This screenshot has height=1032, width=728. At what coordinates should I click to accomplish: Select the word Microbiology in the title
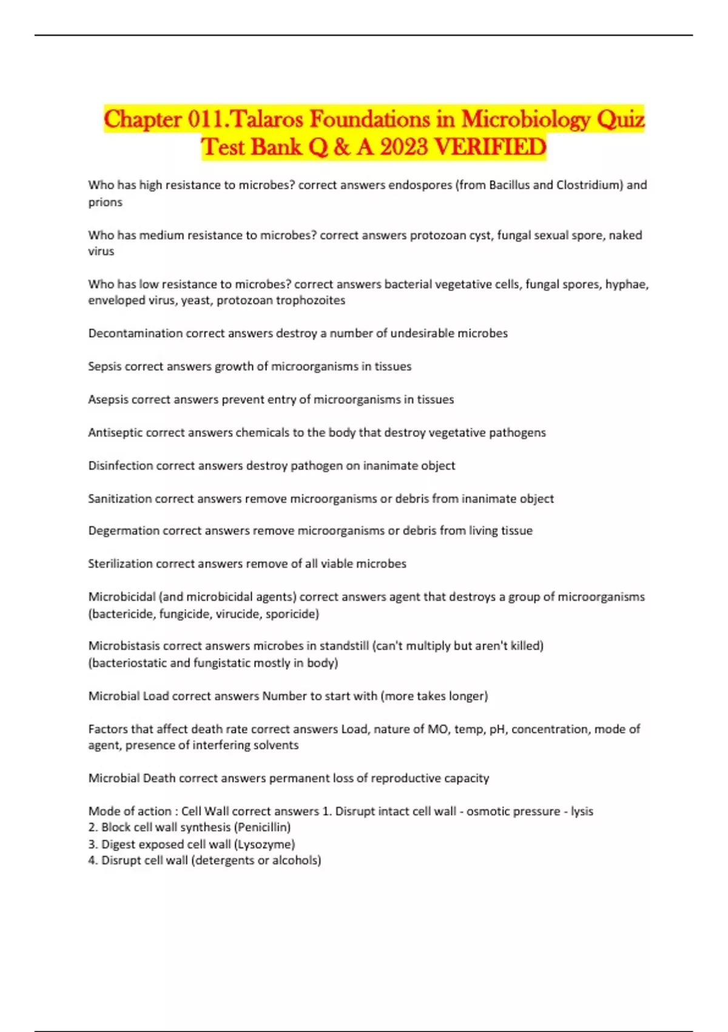coord(525,119)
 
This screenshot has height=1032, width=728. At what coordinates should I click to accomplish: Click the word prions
coord(105,202)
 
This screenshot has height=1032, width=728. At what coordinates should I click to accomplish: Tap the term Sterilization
coord(120,564)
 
